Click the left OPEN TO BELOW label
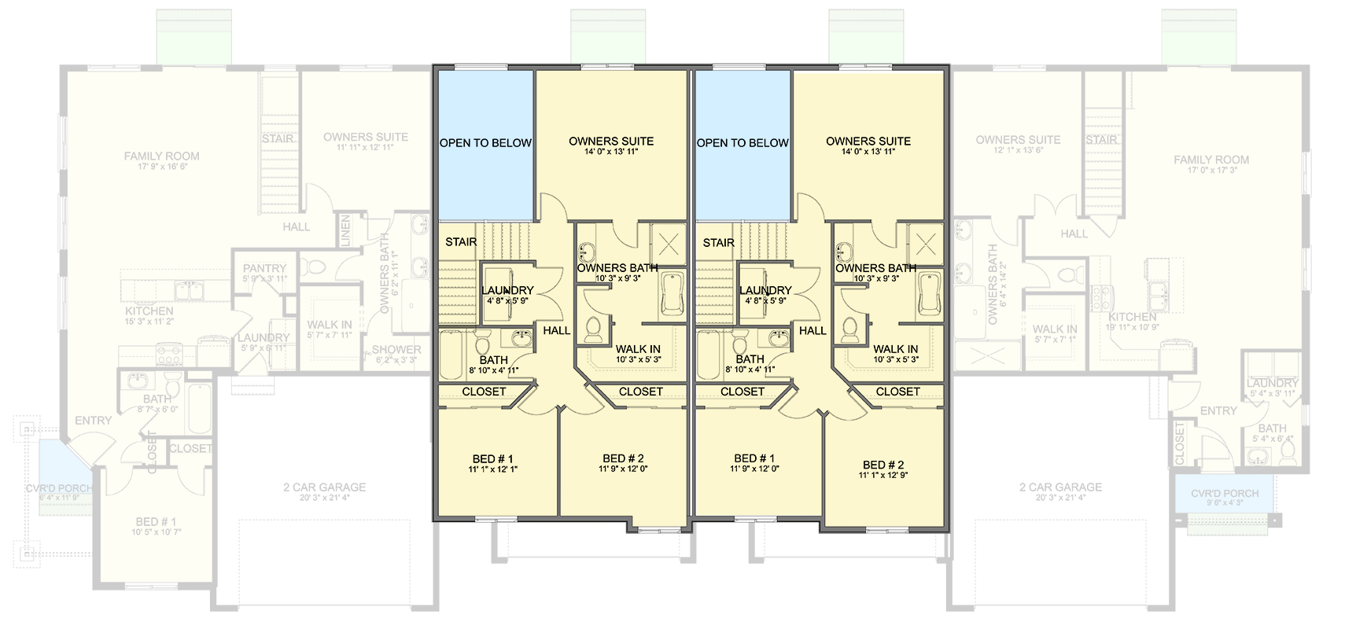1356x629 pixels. [x=485, y=143]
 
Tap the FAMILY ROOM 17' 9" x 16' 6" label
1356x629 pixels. [x=161, y=161]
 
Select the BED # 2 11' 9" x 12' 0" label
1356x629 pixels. [x=623, y=463]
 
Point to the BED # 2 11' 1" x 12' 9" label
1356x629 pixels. [x=883, y=469]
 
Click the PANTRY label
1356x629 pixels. [x=264, y=273]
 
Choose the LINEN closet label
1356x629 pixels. [x=345, y=230]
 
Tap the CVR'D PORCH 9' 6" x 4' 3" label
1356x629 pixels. [x=1224, y=498]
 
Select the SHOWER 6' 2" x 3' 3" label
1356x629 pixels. [x=396, y=354]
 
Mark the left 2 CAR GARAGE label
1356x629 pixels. [x=324, y=491]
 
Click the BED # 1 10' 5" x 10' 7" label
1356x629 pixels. [x=156, y=526]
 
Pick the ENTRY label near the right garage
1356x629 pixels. [x=1218, y=410]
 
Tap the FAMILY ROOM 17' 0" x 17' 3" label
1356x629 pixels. [x=1210, y=164]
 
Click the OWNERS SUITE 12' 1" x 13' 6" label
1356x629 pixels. [x=1018, y=144]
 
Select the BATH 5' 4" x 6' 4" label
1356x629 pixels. [x=1272, y=433]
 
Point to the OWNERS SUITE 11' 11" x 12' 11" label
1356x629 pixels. [x=366, y=141]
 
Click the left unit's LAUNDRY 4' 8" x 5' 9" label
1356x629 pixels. [x=507, y=295]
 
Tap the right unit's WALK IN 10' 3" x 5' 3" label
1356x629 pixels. [x=895, y=353]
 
